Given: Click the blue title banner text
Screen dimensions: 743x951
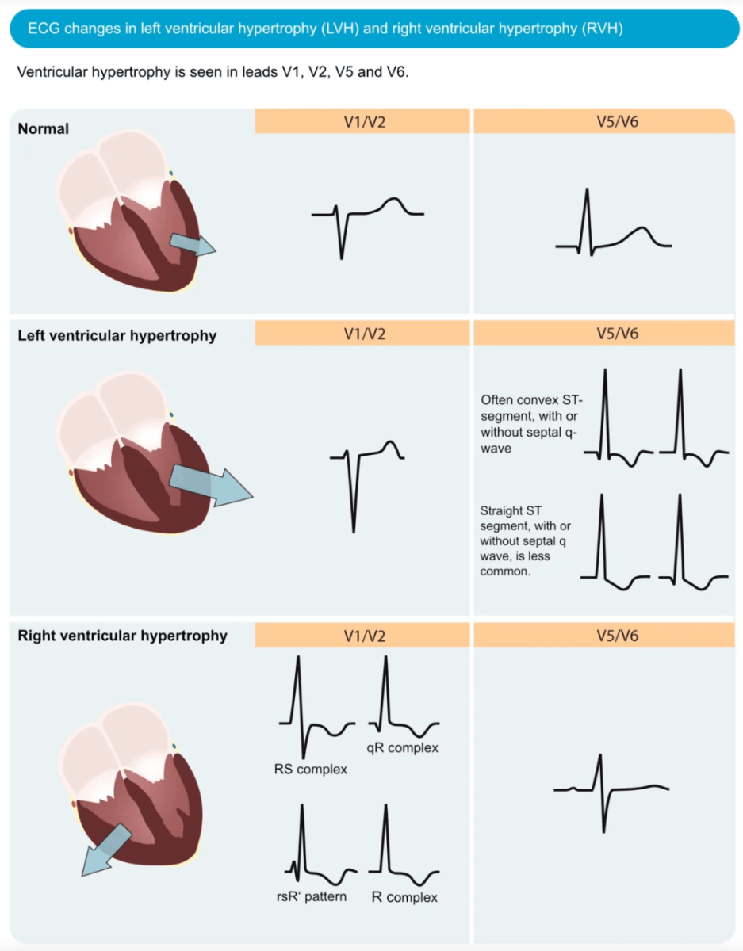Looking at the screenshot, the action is [x=325, y=29].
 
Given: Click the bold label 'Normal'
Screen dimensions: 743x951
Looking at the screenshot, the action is [x=44, y=128].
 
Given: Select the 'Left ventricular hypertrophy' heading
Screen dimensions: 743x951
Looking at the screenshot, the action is [x=117, y=336].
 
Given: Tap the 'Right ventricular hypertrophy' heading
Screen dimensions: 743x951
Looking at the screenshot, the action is [x=122, y=636].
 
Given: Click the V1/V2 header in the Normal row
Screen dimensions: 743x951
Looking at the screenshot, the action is [x=364, y=122].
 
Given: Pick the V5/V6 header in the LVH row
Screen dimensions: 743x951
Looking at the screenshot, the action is [x=618, y=334].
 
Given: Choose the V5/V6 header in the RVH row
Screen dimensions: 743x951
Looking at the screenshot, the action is [x=618, y=636].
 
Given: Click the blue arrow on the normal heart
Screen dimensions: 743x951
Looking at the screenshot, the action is [x=193, y=245].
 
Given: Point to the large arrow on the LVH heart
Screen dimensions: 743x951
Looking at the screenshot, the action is [x=211, y=487].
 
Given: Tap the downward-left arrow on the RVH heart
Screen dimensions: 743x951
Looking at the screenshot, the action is [x=106, y=850].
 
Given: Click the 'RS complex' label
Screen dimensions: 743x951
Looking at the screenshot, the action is [x=310, y=770].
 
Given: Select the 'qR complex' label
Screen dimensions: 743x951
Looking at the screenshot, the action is [x=402, y=748].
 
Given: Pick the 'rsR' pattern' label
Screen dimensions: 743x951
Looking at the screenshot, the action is [x=312, y=896].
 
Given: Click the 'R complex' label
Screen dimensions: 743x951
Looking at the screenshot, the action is [x=404, y=897].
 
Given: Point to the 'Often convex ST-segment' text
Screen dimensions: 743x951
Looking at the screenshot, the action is [x=531, y=424].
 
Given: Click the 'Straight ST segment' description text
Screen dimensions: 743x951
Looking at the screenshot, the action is [x=526, y=541].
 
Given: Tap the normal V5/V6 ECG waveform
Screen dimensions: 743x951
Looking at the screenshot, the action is [x=614, y=223].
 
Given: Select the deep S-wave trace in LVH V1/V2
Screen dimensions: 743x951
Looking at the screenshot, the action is [x=367, y=487].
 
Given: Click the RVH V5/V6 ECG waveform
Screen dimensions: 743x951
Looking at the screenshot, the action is [x=611, y=793].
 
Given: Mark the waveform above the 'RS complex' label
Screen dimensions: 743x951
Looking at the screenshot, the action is [x=317, y=707].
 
